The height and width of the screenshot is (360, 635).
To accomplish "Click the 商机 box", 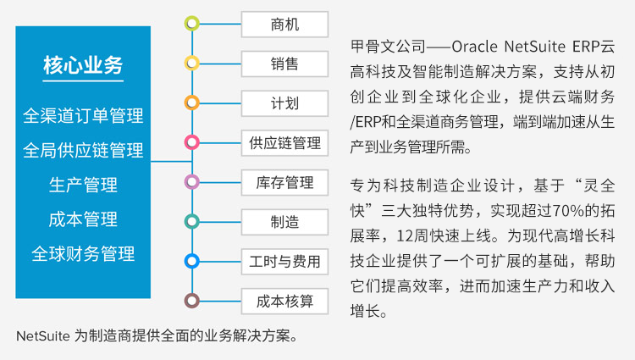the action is point(284,25).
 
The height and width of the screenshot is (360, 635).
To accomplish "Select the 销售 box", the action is point(284,64).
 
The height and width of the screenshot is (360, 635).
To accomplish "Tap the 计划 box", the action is point(284,103).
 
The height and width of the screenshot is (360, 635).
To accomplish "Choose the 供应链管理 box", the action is point(284,142).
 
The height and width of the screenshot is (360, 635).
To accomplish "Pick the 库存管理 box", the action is point(284,182).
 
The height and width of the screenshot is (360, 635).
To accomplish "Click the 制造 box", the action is point(284,222).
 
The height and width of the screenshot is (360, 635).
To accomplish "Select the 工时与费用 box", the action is point(284,261).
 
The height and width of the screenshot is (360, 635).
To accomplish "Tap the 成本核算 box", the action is point(284,301).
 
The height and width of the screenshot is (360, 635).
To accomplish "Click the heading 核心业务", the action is point(83,65).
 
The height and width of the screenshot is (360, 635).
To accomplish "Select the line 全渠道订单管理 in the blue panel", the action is point(83,116).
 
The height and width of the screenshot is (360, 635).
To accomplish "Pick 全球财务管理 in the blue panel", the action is point(83,254).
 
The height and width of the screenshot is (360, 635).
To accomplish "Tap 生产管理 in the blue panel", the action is point(83,185).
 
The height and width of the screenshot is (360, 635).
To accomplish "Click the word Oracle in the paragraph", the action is point(474,47).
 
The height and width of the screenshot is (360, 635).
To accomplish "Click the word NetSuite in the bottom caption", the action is point(43,335).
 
